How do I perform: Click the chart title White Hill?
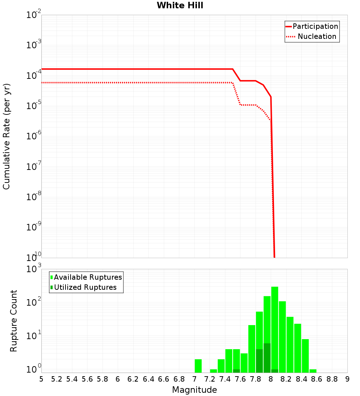[x=180, y=5]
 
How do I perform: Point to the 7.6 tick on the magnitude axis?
[x=240, y=379]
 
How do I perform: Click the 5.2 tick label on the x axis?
[x=57, y=379]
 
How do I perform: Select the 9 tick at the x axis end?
[x=347, y=379]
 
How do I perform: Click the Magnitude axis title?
[x=194, y=390]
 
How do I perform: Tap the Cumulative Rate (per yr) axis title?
[x=6, y=136]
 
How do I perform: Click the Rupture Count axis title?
[x=14, y=321]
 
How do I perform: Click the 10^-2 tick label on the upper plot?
[x=34, y=14]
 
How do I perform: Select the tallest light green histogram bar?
[x=275, y=329]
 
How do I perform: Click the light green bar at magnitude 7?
[x=198, y=366]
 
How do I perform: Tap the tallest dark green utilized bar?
[x=267, y=358]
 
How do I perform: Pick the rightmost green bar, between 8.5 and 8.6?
[x=313, y=371]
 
